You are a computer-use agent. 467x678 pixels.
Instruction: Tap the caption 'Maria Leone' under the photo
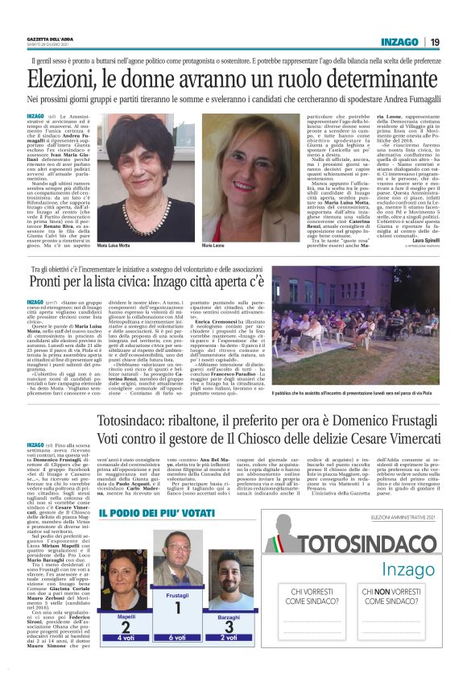click(213, 243)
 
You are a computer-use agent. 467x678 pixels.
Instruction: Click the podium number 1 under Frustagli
click(182, 609)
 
